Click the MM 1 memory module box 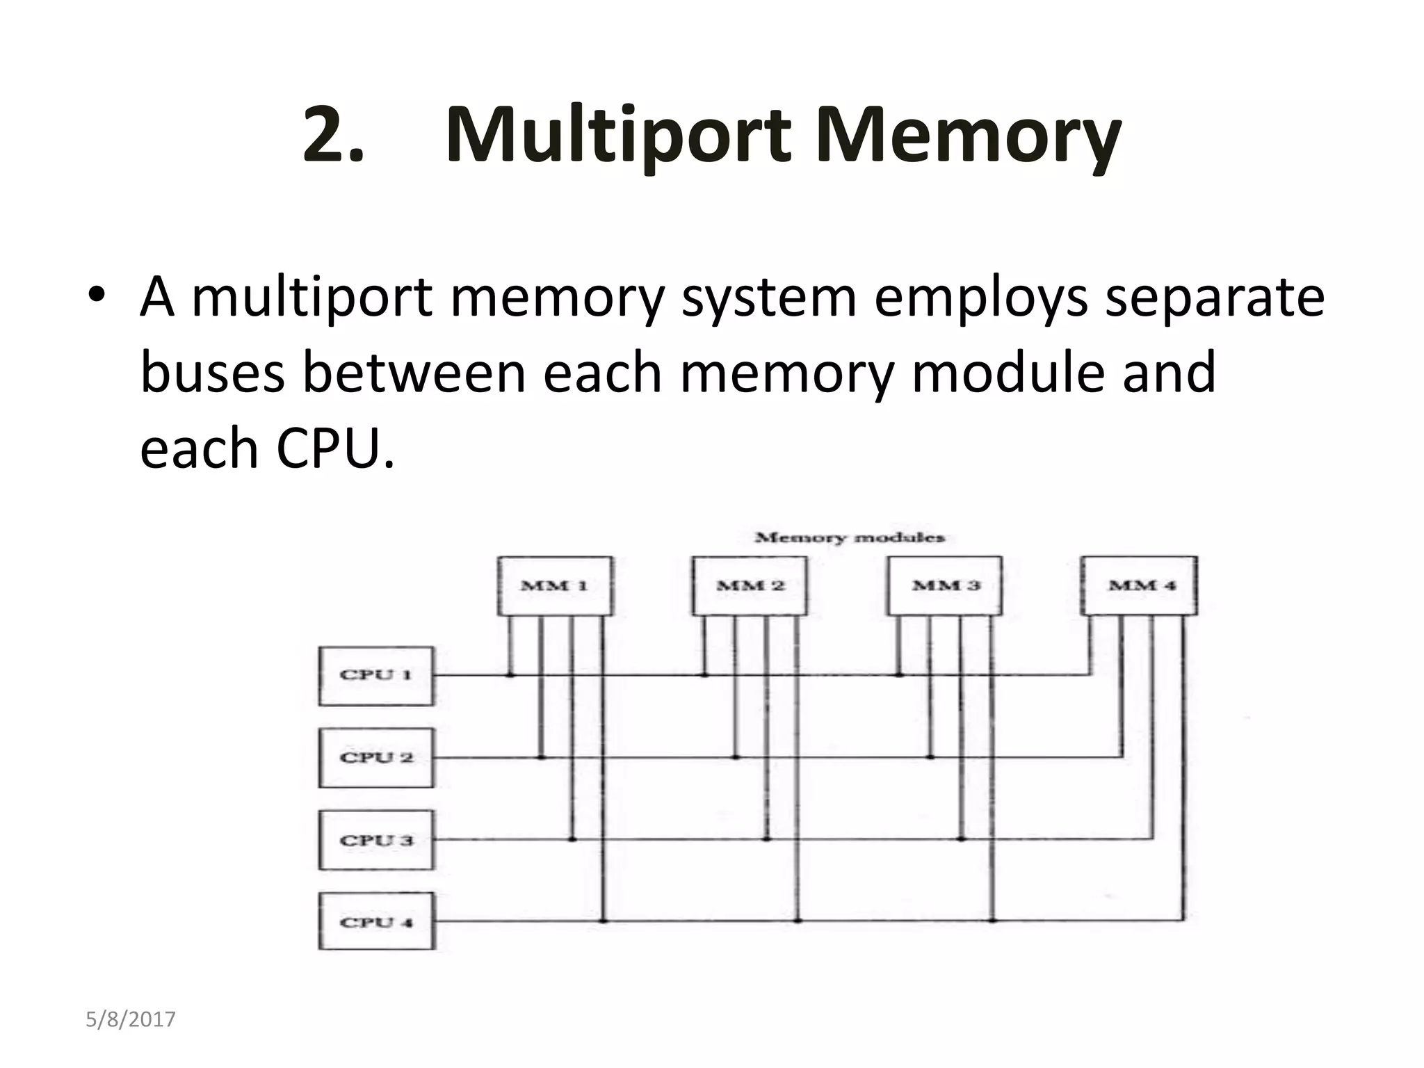pos(555,585)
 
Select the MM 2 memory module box pos(750,585)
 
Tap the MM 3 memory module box pos(945,585)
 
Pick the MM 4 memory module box pos(1140,585)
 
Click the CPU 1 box pos(375,675)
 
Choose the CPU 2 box pos(375,757)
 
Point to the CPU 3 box pos(375,840)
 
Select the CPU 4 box pos(375,922)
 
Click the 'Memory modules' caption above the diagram pos(849,537)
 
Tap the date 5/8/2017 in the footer pos(131,1020)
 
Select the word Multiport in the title pos(618,136)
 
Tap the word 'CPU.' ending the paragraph pos(335,448)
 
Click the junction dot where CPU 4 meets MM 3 pos(992,921)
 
